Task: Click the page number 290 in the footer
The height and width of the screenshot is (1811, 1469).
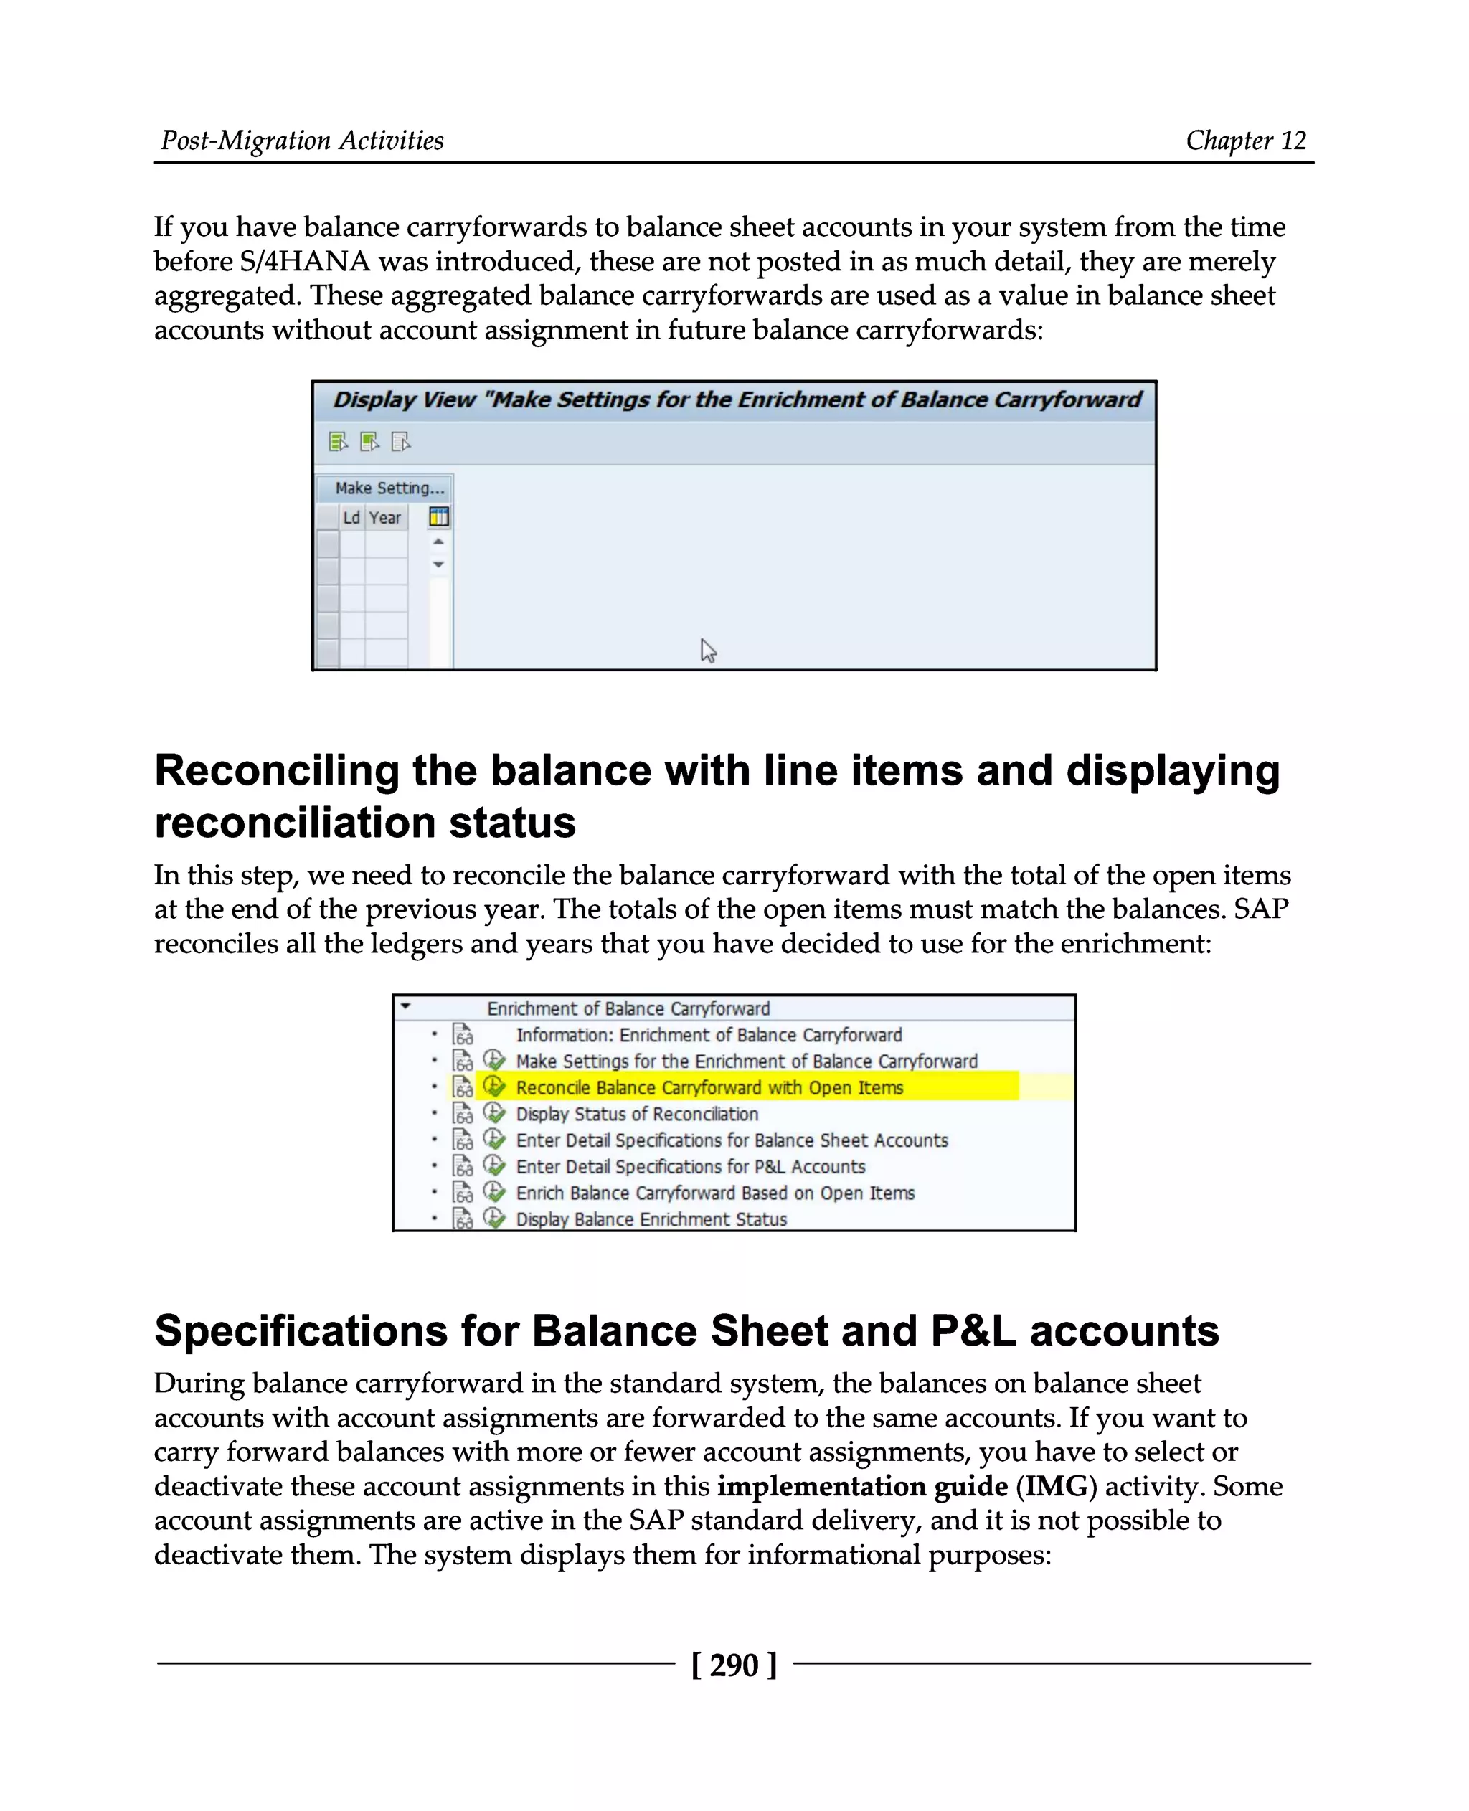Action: point(734,1665)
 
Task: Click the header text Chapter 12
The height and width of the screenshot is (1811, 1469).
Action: point(1246,141)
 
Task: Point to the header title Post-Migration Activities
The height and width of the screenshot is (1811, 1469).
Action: point(302,141)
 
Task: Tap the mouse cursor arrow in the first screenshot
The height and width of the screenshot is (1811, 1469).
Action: point(708,651)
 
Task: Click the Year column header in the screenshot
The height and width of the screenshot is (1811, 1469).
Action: point(385,518)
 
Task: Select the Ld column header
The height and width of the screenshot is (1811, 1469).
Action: point(351,518)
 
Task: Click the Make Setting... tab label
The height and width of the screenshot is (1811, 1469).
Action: point(388,488)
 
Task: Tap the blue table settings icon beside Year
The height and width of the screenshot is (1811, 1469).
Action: point(438,517)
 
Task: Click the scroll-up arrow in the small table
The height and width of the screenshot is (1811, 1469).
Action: point(438,542)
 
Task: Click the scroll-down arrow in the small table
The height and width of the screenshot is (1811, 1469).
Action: point(438,564)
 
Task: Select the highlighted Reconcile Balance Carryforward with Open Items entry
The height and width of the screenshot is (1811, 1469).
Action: point(709,1087)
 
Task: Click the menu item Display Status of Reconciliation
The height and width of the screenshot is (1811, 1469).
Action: point(636,1114)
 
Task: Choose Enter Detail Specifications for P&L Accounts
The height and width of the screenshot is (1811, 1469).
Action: point(691,1166)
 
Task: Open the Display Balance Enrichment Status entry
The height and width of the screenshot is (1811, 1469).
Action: point(651,1219)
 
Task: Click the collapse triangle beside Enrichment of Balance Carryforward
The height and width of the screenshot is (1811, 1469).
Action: point(406,1007)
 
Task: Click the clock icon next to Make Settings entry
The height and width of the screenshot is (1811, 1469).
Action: point(494,1060)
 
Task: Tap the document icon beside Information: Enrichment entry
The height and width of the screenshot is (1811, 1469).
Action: point(463,1034)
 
